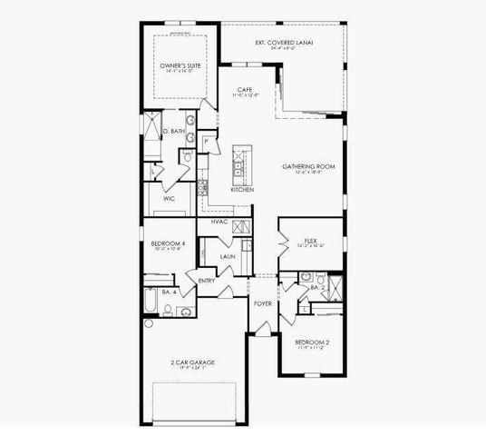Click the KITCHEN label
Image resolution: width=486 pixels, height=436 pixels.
(x=241, y=190)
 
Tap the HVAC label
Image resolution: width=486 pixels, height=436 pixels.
(x=219, y=222)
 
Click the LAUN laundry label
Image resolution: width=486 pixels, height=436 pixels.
(x=227, y=256)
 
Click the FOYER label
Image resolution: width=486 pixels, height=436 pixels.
(x=263, y=303)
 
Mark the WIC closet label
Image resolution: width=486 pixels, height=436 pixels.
(x=169, y=197)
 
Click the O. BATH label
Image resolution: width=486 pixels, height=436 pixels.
(x=173, y=132)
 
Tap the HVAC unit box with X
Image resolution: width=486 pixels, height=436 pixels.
(x=239, y=227)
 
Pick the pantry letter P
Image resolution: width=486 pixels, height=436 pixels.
(x=207, y=141)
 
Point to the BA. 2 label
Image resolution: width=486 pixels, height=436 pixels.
(x=317, y=287)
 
